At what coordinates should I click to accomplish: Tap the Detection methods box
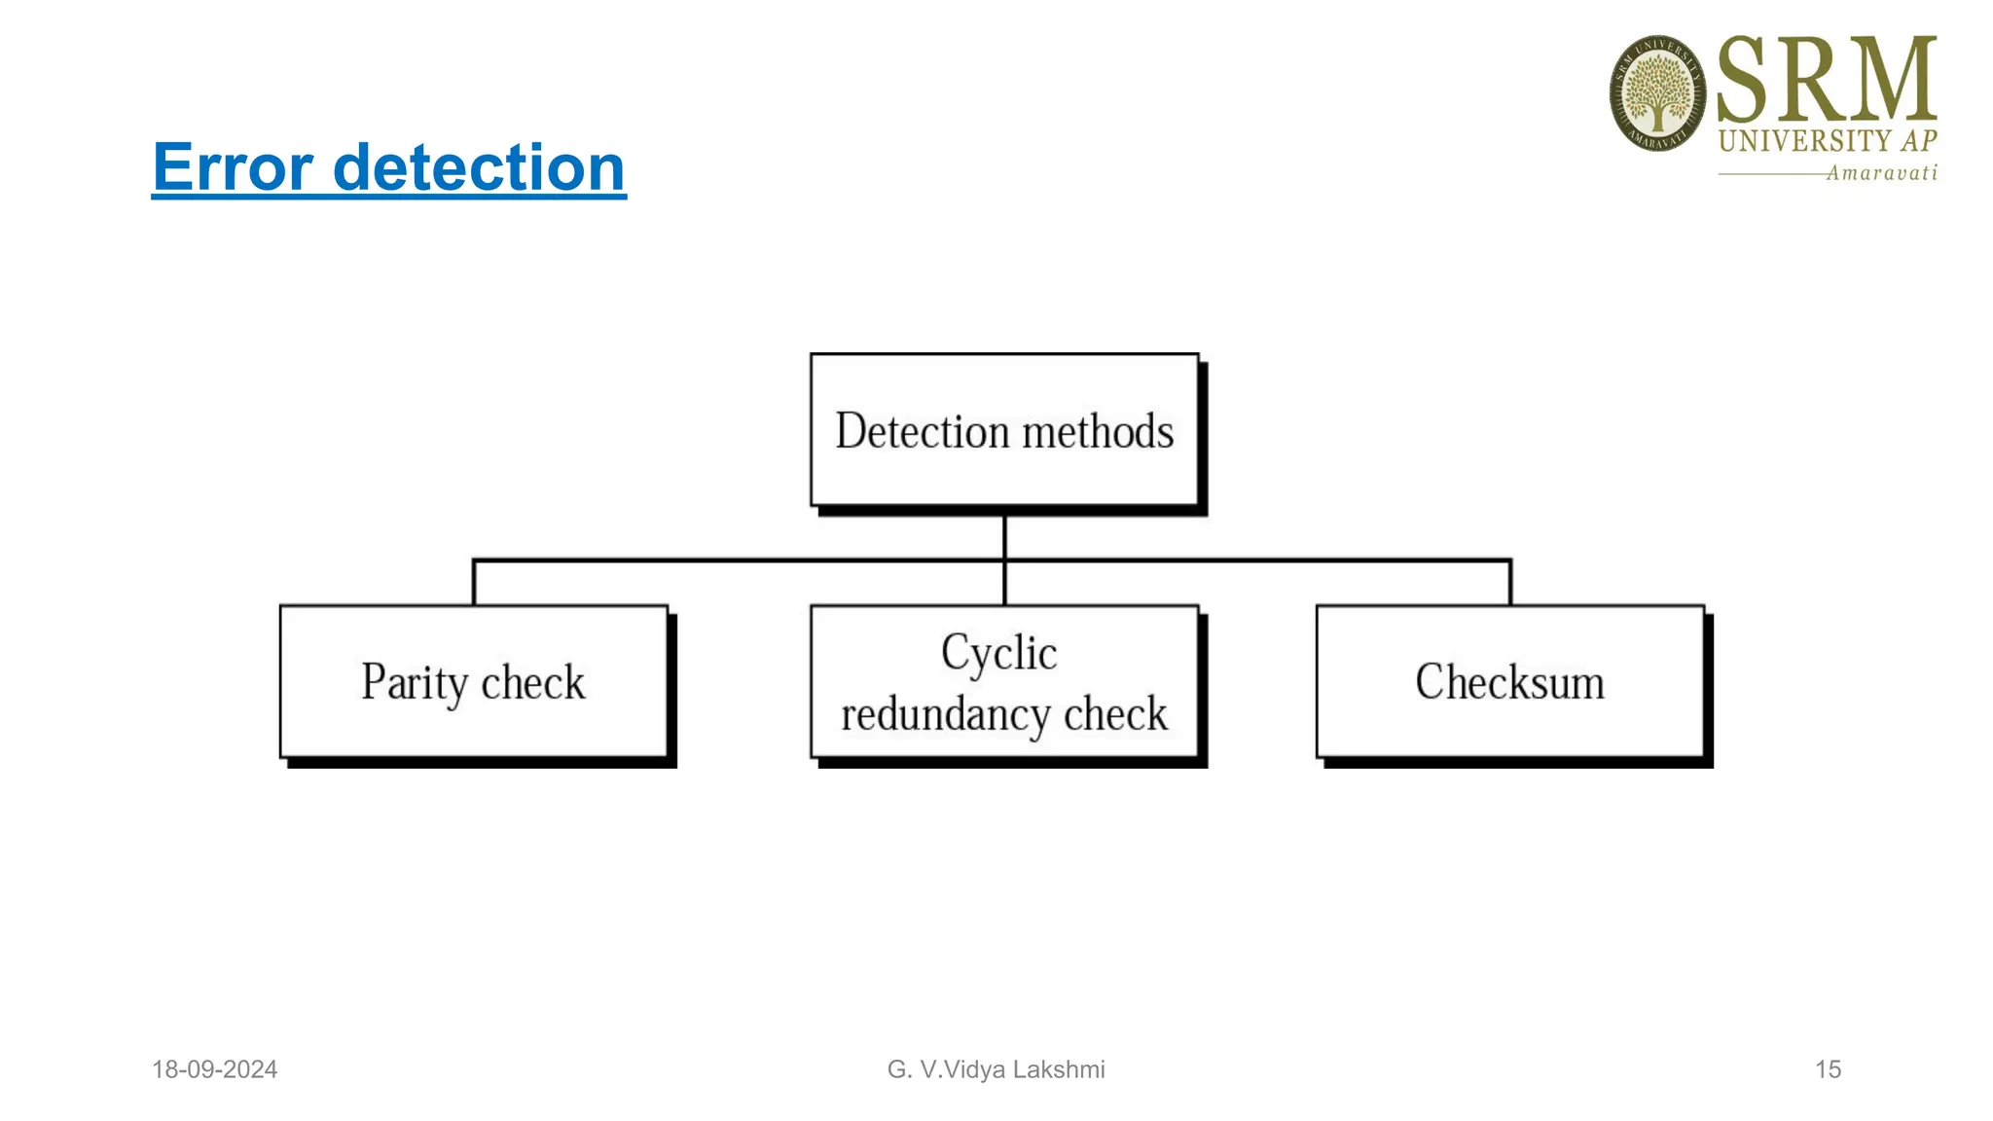1004,430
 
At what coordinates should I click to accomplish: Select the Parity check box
474,681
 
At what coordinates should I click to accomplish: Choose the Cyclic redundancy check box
1004,681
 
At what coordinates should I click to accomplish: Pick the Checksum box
1510,681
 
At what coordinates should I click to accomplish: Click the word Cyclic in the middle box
998,653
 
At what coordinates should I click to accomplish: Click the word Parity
415,682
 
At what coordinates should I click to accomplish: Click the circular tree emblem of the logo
1657,93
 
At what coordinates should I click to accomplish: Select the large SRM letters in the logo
1827,80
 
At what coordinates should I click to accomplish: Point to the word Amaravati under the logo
1881,173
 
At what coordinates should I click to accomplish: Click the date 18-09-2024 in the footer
214,1069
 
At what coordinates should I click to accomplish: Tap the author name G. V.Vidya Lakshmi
996,1069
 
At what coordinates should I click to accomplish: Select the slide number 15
1828,1069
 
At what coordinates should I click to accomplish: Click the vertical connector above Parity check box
474,583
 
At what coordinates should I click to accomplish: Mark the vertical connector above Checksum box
1510,583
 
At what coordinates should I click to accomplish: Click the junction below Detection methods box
1004,560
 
